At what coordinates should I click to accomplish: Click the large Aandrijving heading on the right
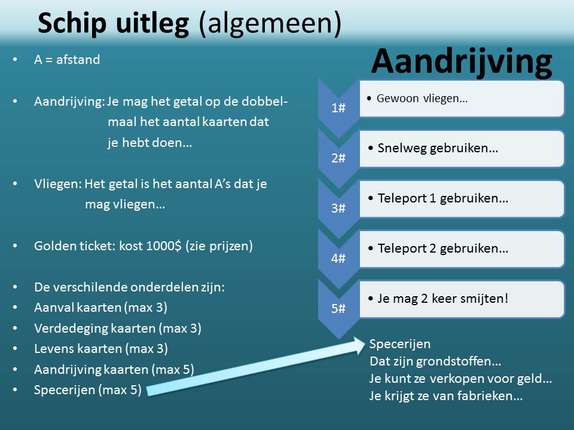462,62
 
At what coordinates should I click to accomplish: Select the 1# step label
338,108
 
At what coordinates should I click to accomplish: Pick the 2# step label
338,158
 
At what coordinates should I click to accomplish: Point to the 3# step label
338,208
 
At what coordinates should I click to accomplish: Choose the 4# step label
338,258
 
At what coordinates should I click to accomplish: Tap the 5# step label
338,308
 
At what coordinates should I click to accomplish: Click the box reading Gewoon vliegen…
462,99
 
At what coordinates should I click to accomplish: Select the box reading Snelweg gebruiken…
462,149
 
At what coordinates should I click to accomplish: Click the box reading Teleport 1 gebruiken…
462,199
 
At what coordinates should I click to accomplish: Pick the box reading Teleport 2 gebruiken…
462,249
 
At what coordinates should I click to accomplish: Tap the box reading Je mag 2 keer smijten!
462,299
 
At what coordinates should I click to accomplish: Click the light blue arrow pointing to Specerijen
257,367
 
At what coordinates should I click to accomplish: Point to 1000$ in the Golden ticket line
164,245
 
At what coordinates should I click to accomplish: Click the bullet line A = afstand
67,59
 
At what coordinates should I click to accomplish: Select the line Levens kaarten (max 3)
101,348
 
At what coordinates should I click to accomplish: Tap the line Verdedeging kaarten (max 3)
118,328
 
